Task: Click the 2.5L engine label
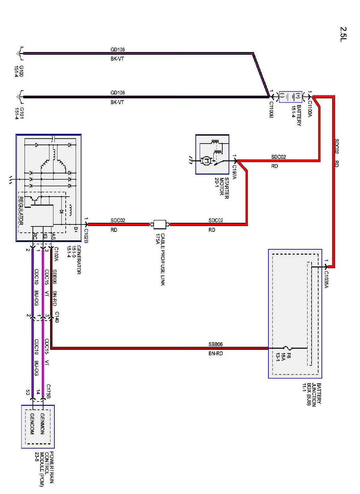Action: (343, 34)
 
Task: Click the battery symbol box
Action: (290, 97)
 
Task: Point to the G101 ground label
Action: (19, 113)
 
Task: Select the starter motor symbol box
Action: (212, 154)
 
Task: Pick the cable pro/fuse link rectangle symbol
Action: (160, 224)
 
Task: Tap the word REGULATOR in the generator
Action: (21, 211)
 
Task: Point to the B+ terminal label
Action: (76, 229)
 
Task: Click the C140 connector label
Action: (57, 317)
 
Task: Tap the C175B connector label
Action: (48, 392)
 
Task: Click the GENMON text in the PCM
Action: (42, 423)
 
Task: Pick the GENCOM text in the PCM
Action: (32, 423)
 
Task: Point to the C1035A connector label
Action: (326, 279)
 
